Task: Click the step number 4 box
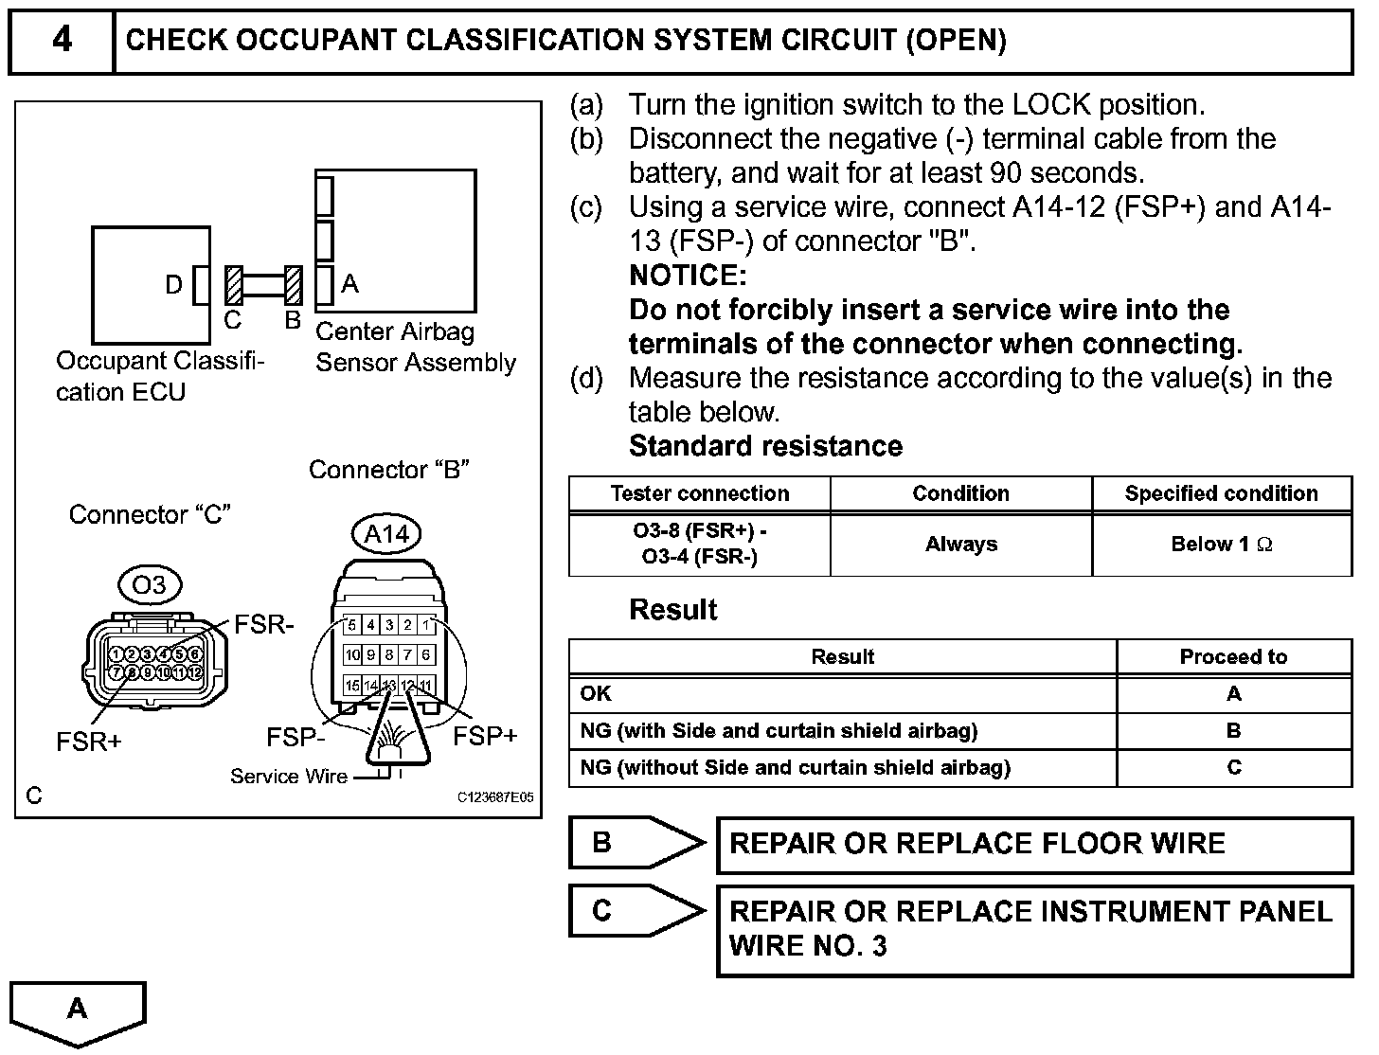coord(62,41)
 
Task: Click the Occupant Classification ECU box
coord(142,284)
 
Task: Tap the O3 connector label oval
coord(150,585)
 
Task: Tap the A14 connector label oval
coord(386,535)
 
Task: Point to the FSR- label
coord(264,625)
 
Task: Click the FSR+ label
coord(89,742)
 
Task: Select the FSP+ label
coord(485,737)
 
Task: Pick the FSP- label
coord(295,737)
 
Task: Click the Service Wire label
coord(289,777)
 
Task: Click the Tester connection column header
coord(699,493)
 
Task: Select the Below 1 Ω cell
coord(1221,545)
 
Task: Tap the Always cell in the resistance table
coord(960,545)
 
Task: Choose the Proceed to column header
coord(1233,657)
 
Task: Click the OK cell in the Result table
coord(597,693)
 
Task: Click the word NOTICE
coord(688,276)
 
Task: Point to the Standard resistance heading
coord(765,446)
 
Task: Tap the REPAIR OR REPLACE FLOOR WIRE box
coord(1034,844)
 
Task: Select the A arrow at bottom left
coord(78,1011)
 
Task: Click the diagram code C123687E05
coord(494,797)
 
